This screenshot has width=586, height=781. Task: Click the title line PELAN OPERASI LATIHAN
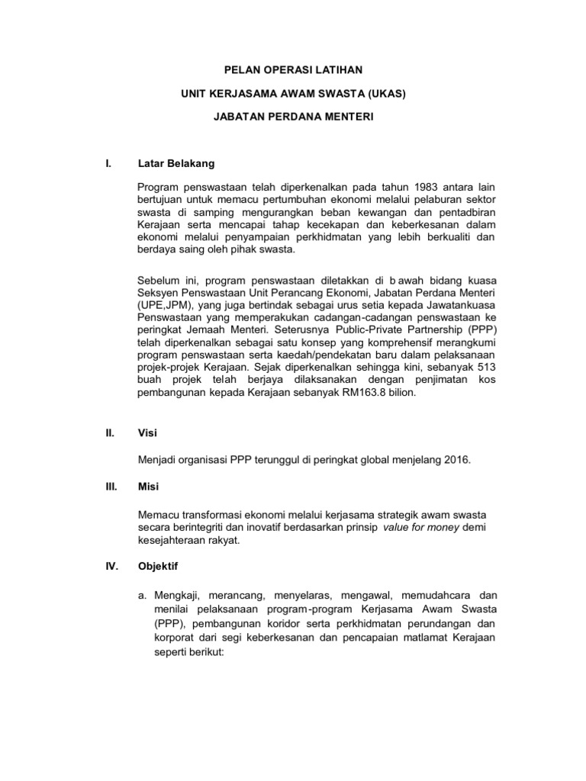coord(294,69)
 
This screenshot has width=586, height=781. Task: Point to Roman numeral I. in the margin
coord(108,163)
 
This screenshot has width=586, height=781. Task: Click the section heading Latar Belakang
coord(176,163)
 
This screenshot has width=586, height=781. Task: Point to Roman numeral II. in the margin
coord(110,433)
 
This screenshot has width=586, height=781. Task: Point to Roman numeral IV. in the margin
coord(111,567)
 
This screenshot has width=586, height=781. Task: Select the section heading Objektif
coord(159,567)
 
